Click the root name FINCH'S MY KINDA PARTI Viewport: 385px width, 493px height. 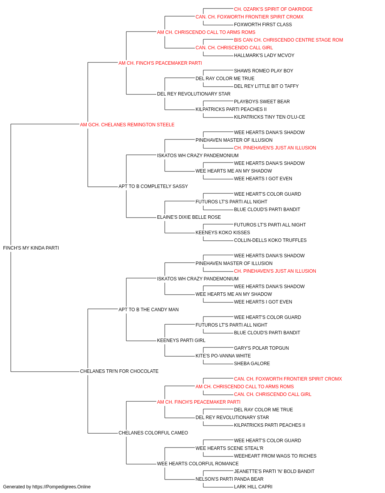click(x=31, y=248)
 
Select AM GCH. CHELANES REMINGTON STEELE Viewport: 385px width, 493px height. click(x=127, y=125)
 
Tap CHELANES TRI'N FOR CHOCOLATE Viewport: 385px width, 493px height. click(x=119, y=371)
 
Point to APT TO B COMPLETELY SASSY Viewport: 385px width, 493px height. click(x=153, y=186)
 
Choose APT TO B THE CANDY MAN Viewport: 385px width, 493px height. click(x=149, y=309)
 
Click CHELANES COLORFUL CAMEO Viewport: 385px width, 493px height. click(x=153, y=433)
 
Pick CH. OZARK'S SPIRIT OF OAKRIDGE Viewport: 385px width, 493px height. click(x=273, y=9)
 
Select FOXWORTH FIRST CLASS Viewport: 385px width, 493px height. click(x=263, y=25)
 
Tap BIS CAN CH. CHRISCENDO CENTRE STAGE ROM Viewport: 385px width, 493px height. click(x=288, y=40)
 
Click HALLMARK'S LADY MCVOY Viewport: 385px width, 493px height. click(x=264, y=55)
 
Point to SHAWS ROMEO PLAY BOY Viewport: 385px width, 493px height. click(x=263, y=71)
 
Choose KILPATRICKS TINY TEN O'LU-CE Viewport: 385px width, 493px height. click(x=269, y=117)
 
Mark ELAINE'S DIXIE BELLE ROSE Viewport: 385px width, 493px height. click(x=189, y=217)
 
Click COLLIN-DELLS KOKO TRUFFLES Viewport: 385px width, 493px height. click(x=270, y=240)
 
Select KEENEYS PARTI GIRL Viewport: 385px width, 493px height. click(x=181, y=340)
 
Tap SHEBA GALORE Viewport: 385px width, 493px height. click(x=252, y=364)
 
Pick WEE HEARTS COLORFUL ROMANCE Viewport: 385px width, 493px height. click(x=198, y=463)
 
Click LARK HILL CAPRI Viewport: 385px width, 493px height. click(x=253, y=487)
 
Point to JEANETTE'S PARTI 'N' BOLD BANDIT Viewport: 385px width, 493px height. click(x=275, y=471)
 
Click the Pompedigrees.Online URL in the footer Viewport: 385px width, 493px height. click(x=62, y=487)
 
